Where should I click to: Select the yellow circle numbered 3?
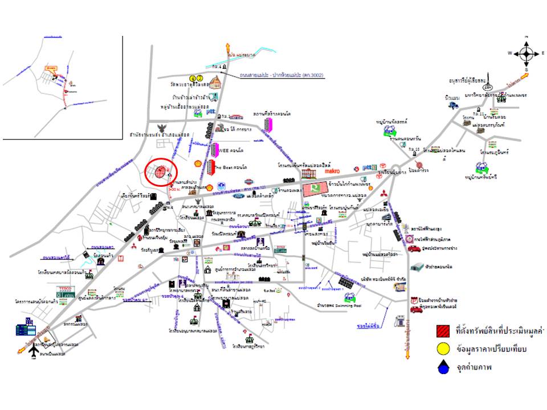[x=200, y=78]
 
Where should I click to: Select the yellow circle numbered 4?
[x=193, y=78]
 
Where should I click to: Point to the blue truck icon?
[x=454, y=105]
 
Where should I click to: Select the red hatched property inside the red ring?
[x=161, y=171]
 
